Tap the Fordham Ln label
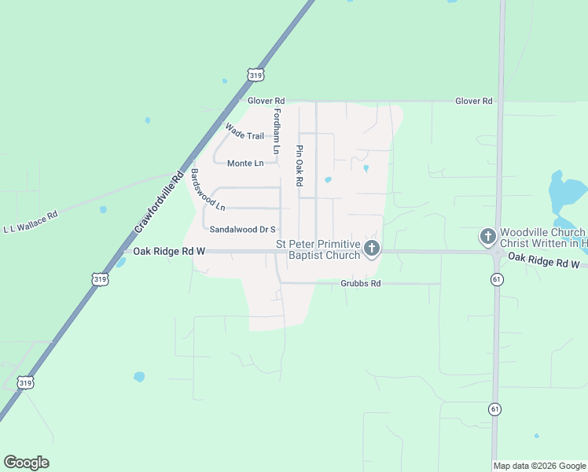point(276,131)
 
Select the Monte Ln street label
point(245,163)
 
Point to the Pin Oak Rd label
point(300,165)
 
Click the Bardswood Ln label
point(208,190)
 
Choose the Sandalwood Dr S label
point(243,230)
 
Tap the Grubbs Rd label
point(360,283)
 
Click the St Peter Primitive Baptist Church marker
point(372,249)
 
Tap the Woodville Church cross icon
point(487,235)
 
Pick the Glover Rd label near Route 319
point(266,101)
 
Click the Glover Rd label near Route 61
point(474,101)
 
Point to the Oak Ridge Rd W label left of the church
point(169,251)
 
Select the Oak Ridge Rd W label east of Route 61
point(544,260)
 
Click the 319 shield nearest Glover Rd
point(255,75)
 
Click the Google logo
point(27,463)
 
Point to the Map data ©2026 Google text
point(539,466)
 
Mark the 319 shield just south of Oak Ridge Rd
point(100,279)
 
